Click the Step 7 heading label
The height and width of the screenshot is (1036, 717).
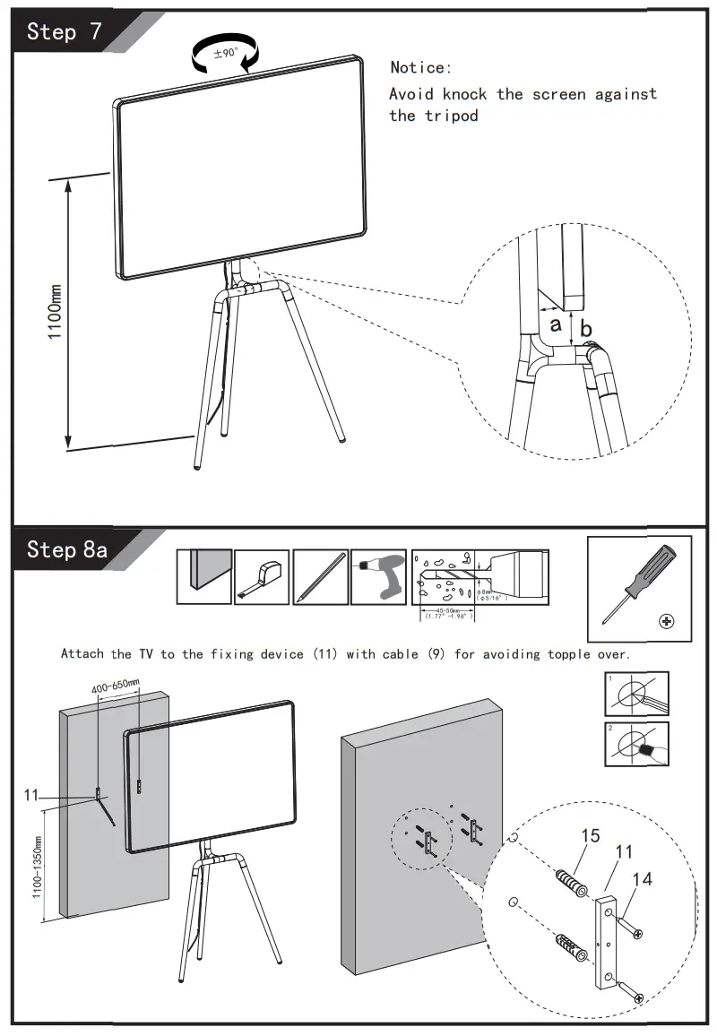pos(65,32)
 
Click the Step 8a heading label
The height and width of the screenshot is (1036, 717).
pos(67,548)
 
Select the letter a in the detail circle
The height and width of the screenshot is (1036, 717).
pos(556,324)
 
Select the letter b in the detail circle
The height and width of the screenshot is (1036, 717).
pos(585,330)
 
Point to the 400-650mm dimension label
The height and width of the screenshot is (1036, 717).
pos(116,686)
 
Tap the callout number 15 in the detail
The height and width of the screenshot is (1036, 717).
pos(590,836)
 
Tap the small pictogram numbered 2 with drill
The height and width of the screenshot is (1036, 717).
pos(636,744)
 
